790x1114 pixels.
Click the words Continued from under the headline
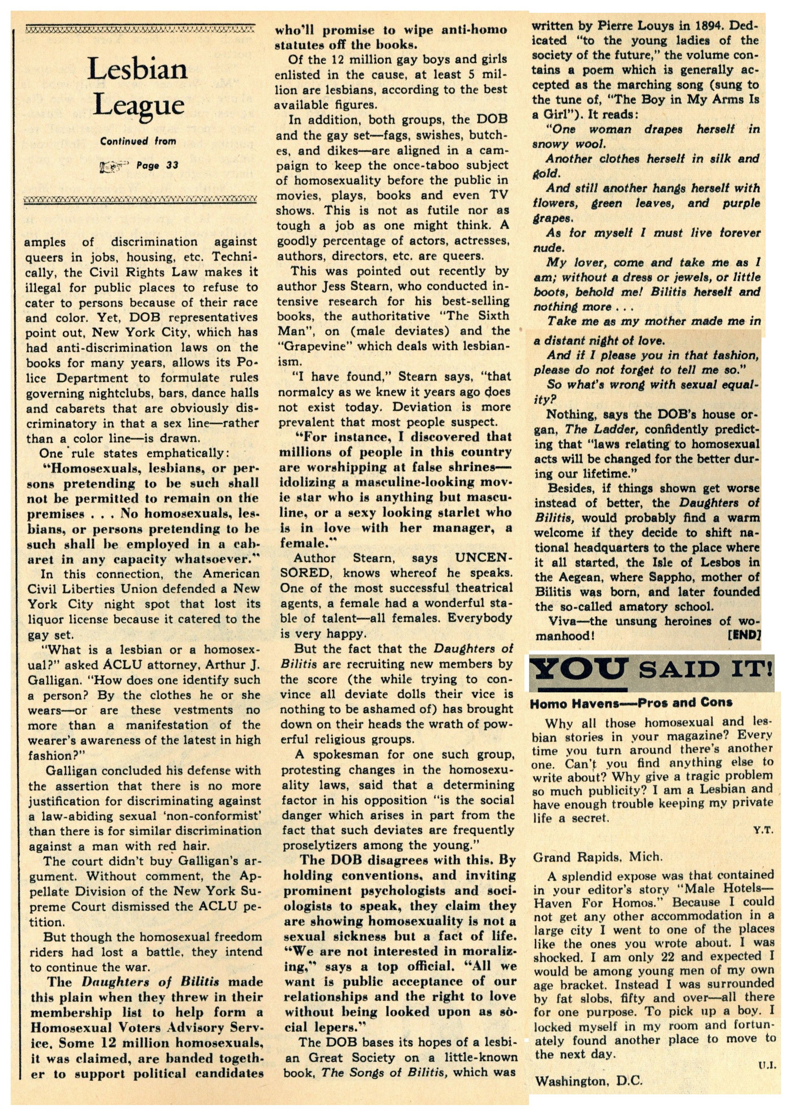(138, 142)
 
